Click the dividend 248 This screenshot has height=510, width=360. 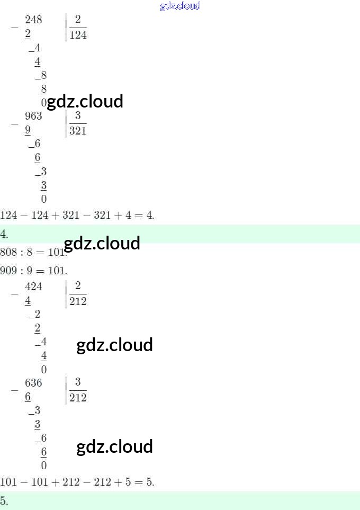point(33,20)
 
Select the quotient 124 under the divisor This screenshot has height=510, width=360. point(78,35)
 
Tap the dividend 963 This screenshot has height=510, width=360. point(33,116)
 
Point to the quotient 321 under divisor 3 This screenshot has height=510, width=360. point(78,130)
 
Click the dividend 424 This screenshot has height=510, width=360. point(33,287)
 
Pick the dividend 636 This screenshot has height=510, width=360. point(33,382)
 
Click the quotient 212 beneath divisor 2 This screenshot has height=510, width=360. point(78,301)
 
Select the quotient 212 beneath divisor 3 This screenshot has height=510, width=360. point(78,397)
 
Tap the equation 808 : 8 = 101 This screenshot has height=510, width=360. point(33,252)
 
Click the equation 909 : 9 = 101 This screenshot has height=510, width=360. point(33,271)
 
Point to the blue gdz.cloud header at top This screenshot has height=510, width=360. point(180,6)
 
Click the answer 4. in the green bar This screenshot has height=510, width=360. point(4,234)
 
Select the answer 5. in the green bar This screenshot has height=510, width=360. point(4,500)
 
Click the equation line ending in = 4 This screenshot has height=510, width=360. point(77,215)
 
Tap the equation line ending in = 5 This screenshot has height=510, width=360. point(77,482)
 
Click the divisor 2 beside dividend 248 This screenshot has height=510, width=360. point(78,20)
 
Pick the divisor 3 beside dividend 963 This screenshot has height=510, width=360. point(78,115)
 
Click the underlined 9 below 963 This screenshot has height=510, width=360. point(28,130)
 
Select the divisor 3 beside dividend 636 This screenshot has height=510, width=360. point(78,382)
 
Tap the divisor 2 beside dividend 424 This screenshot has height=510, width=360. point(78,286)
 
